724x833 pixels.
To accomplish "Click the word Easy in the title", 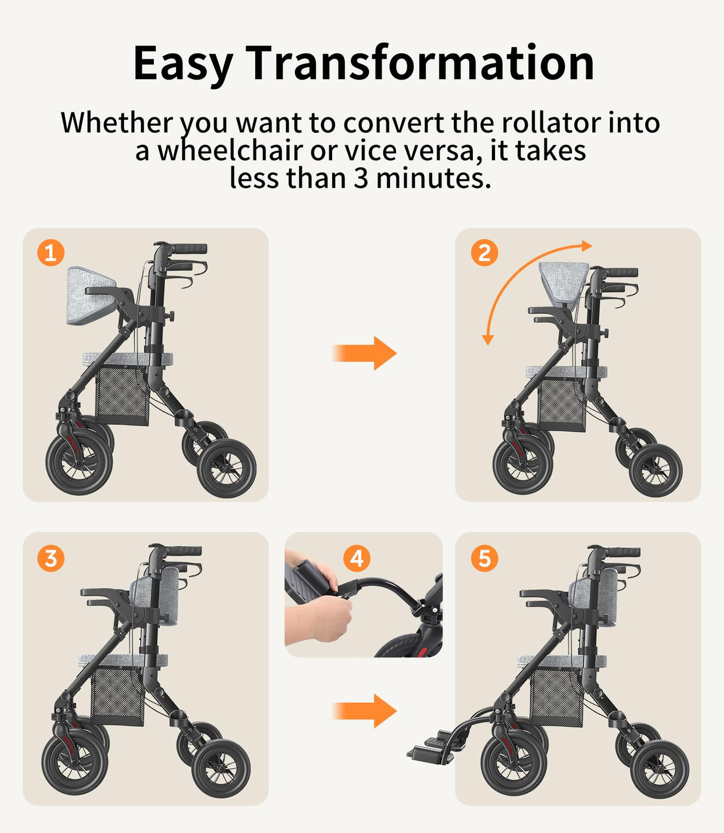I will pos(182,63).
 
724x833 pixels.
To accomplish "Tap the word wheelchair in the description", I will pos(230,150).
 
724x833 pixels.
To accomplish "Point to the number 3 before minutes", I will pos(361,178).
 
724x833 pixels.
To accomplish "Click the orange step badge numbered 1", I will pos(51,253).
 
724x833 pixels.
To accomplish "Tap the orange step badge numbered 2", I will pos(484,253).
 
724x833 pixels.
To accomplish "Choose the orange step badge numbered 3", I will pos(51,559).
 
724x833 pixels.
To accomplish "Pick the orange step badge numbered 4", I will pos(357,559).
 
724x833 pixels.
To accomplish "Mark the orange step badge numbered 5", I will pos(484,559).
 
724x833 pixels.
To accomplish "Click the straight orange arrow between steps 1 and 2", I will pos(364,353).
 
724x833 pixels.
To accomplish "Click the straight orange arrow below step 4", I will pos(364,711).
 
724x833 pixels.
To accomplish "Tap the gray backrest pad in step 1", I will pos(89,295).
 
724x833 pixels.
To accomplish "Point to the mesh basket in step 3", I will pos(117,696).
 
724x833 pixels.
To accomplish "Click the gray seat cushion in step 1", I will pos(128,359).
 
